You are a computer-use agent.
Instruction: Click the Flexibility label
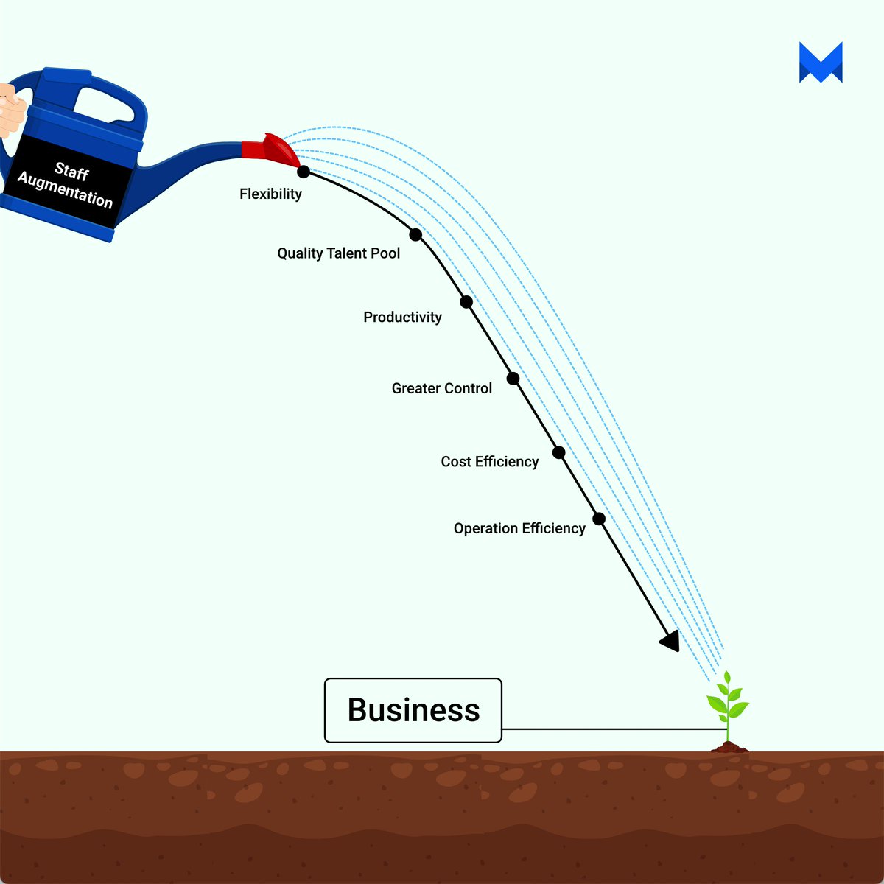(x=270, y=194)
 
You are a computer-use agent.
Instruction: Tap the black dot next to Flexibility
(x=304, y=172)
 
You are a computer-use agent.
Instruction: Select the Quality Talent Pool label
(x=338, y=253)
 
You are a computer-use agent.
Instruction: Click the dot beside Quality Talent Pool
(x=415, y=235)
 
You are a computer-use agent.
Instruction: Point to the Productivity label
(x=402, y=318)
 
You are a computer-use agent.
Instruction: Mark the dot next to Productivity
(x=466, y=301)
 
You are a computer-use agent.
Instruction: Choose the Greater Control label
(x=441, y=388)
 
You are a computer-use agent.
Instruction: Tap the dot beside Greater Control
(x=513, y=379)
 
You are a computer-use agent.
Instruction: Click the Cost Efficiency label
(x=489, y=462)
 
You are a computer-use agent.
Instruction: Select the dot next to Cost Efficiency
(x=559, y=452)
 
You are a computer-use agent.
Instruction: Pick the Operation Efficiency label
(x=519, y=528)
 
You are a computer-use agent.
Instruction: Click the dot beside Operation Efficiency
(x=599, y=519)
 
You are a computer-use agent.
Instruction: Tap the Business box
(x=413, y=710)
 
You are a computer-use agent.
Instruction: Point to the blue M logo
(x=821, y=63)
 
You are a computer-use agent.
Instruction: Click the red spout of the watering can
(x=271, y=150)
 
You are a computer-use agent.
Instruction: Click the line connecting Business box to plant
(x=611, y=729)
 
